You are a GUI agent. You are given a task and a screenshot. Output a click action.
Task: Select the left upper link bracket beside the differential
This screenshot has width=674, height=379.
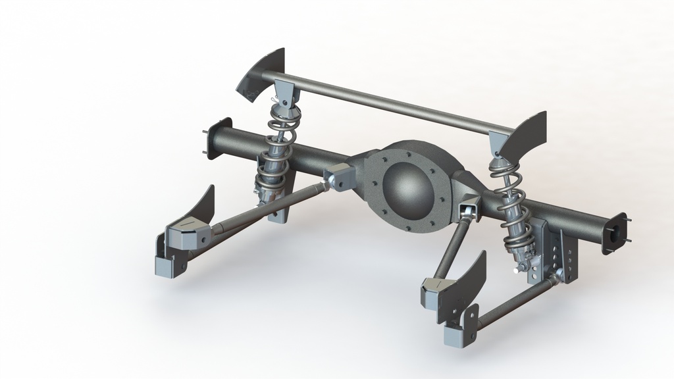(x=340, y=177)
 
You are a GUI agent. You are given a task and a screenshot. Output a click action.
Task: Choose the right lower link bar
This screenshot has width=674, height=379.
(x=513, y=303)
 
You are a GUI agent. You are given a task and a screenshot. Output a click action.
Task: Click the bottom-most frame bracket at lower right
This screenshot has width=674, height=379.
(x=461, y=332)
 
